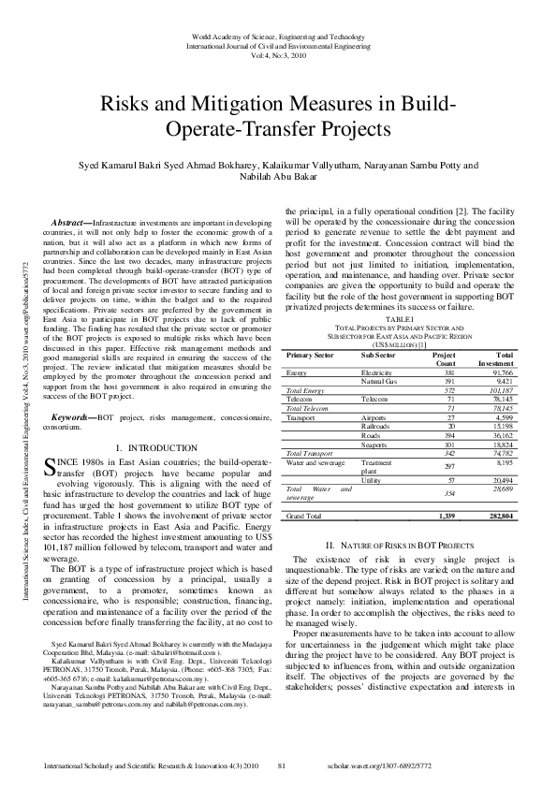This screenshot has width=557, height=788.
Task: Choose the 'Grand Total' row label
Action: pyautogui.click(x=304, y=516)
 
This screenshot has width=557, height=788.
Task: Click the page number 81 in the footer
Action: pyautogui.click(x=282, y=766)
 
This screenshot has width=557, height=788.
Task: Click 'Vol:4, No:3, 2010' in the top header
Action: pyautogui.click(x=277, y=54)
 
